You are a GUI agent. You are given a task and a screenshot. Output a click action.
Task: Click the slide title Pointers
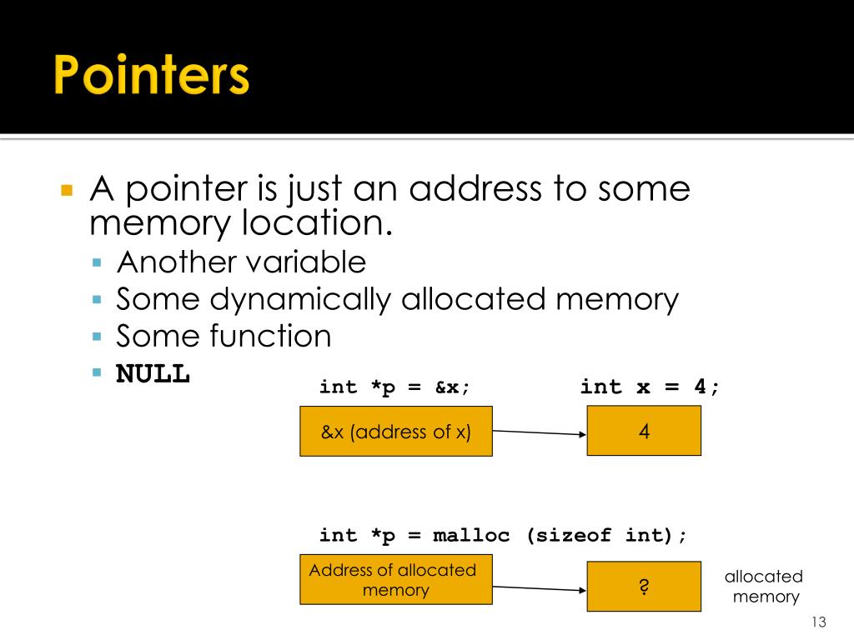pyautogui.click(x=153, y=76)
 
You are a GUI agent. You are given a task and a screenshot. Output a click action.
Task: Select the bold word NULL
pyautogui.click(x=153, y=373)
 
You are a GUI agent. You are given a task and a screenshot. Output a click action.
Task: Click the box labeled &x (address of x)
pyautogui.click(x=396, y=432)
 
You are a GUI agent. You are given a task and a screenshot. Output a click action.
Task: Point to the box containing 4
pyautogui.click(x=644, y=431)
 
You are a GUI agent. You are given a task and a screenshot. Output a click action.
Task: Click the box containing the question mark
pyautogui.click(x=644, y=586)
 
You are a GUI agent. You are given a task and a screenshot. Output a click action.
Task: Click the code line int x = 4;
pyautogui.click(x=650, y=387)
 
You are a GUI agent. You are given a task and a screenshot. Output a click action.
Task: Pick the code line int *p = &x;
pyautogui.click(x=395, y=387)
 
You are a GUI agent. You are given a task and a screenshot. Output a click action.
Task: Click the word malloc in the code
pyautogui.click(x=471, y=536)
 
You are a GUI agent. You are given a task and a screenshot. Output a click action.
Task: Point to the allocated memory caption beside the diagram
pyautogui.click(x=763, y=587)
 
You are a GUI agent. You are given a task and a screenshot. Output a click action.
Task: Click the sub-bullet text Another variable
pyautogui.click(x=241, y=262)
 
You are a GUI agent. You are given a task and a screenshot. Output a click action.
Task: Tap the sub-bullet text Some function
pyautogui.click(x=224, y=336)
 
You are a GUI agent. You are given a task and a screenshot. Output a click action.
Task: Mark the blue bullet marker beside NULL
pyautogui.click(x=97, y=372)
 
